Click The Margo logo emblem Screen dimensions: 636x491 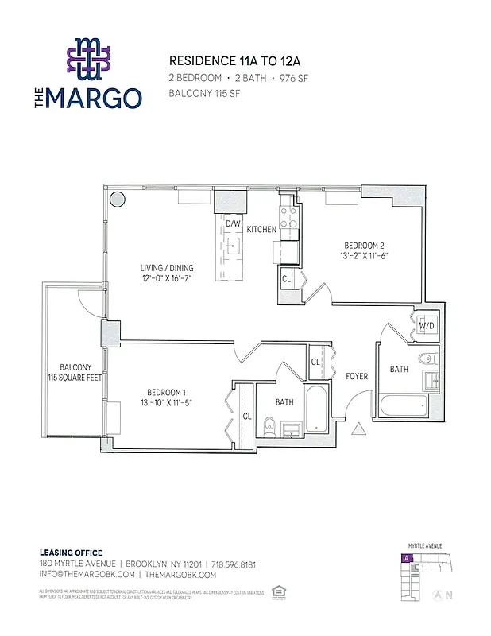pos(90,60)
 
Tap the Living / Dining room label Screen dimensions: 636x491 pos(168,268)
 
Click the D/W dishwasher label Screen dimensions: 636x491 pos(233,224)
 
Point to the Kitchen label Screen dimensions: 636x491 pos(261,230)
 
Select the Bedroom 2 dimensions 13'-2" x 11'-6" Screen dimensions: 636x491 pos(365,256)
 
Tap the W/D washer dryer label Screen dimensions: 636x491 pos(427,326)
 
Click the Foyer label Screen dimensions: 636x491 pos(357,376)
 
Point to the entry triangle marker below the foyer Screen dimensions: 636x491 pos(358,429)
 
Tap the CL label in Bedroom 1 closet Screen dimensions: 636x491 pos(247,416)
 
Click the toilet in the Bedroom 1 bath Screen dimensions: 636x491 pos(269,429)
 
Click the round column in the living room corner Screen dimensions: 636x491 pos(117,200)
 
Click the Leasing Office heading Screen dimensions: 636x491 pos(71,553)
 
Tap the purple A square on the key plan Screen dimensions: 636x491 pos(407,559)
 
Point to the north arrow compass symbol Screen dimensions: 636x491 pos(436,594)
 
